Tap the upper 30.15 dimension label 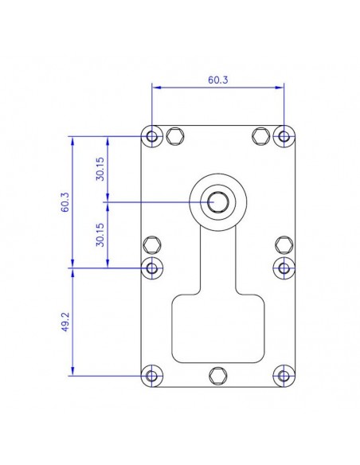[x=100, y=170]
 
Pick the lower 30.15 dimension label [x=100, y=236]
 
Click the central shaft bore [x=218, y=202]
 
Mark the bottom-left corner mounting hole [x=152, y=376]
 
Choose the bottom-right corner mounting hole [x=284, y=376]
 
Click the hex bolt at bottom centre [x=218, y=376]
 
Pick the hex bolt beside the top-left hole [x=177, y=137]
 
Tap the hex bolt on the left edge [x=152, y=244]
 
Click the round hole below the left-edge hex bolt [x=152, y=268]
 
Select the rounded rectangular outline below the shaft [x=218, y=326]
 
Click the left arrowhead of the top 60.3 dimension [x=155, y=87]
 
